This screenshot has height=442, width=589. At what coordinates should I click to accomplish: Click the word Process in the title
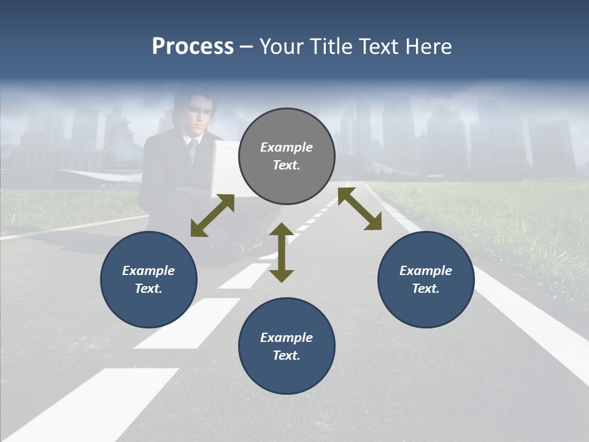click(193, 47)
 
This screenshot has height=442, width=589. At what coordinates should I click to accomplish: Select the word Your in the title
click(282, 47)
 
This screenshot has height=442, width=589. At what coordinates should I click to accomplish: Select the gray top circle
click(287, 178)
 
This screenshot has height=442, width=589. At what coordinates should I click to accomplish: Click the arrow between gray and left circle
click(212, 215)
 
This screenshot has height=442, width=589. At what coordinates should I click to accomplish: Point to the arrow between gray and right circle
click(360, 209)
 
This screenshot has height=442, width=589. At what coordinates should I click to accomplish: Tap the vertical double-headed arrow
click(282, 252)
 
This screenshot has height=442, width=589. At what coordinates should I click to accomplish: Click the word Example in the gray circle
click(287, 147)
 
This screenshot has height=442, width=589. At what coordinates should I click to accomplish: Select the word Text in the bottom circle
click(286, 355)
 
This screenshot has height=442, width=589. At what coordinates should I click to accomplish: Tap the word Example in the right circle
click(426, 271)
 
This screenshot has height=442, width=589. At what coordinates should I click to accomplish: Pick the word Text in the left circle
click(148, 289)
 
